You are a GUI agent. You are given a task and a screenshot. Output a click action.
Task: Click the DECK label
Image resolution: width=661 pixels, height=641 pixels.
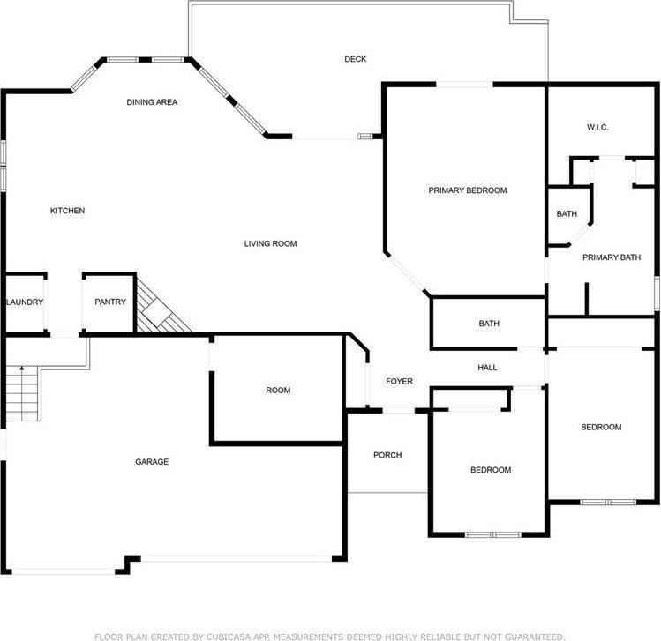click(355, 59)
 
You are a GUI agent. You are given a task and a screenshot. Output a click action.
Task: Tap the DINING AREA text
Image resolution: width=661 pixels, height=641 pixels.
click(152, 102)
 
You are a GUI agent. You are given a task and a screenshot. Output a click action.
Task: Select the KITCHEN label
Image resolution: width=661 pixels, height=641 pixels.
click(67, 211)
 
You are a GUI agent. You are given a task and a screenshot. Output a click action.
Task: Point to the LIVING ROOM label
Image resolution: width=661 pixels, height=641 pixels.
click(270, 243)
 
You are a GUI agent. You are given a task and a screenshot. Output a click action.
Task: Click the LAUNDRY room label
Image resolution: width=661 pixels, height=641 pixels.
click(25, 302)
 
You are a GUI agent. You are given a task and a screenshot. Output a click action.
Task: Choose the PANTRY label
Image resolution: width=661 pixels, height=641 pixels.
click(110, 302)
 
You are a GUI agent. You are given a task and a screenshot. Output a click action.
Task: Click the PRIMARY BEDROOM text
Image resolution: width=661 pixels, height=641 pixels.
click(468, 190)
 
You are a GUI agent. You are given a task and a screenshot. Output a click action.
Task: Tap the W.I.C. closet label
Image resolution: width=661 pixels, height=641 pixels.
click(597, 127)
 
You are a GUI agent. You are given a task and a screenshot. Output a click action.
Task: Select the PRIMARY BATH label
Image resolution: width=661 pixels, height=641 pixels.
click(612, 257)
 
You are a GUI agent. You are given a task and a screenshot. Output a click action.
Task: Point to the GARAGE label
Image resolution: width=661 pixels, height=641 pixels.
click(152, 462)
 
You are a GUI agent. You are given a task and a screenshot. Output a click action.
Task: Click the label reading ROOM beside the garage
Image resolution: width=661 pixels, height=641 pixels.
click(278, 391)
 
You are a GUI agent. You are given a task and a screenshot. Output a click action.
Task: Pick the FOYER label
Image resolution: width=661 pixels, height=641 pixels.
click(399, 381)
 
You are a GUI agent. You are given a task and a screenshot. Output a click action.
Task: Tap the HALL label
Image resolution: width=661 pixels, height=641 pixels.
click(487, 368)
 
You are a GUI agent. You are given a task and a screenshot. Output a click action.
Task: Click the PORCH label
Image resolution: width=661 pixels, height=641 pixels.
click(387, 455)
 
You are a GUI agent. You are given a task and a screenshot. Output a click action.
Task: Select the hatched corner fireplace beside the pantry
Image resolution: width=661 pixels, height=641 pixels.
click(162, 304)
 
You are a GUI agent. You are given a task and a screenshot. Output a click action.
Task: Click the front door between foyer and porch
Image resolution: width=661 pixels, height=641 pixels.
click(399, 410)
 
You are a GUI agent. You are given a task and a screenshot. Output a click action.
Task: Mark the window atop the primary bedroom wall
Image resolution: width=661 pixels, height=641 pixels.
click(464, 85)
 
